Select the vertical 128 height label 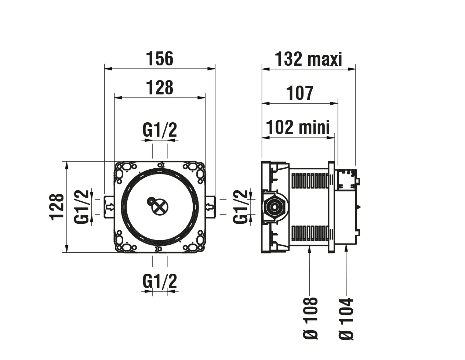click(x=57, y=206)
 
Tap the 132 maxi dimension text click(x=308, y=59)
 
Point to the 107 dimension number click(x=300, y=93)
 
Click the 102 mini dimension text click(x=298, y=127)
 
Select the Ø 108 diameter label click(x=310, y=318)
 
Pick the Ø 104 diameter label click(x=346, y=318)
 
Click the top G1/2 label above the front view click(x=160, y=130)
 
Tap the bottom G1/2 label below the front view click(x=160, y=282)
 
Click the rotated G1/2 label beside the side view click(x=241, y=206)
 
